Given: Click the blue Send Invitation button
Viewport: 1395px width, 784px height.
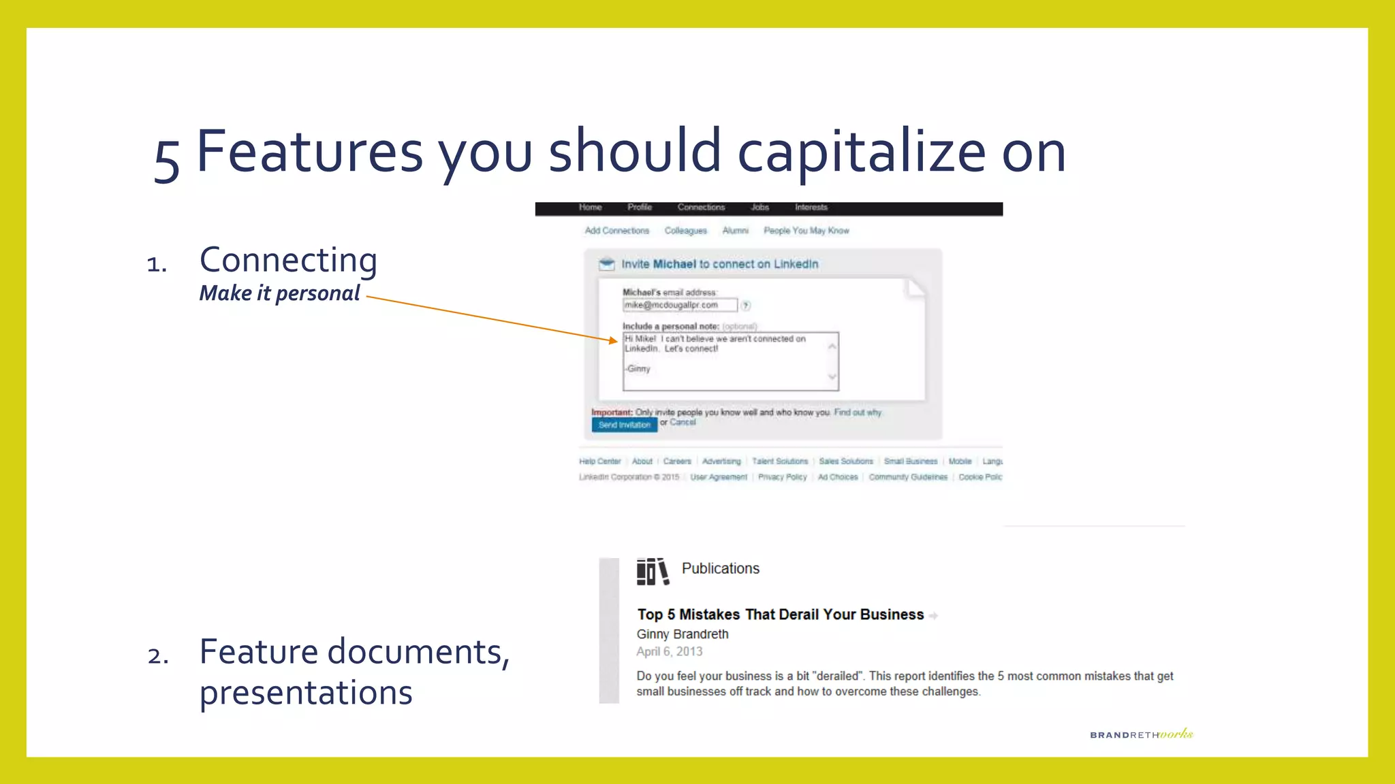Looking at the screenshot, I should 624,425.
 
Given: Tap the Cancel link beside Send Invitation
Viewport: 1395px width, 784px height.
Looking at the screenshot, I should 683,422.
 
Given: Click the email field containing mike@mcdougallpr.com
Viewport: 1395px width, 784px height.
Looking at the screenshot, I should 679,305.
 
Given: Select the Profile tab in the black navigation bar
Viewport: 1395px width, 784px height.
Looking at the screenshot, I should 640,208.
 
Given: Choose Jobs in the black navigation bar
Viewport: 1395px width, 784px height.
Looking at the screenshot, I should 759,208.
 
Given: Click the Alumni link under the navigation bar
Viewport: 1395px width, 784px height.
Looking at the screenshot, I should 735,231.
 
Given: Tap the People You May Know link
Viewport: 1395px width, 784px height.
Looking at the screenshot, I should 806,231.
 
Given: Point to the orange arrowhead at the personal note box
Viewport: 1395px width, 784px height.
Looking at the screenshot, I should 614,340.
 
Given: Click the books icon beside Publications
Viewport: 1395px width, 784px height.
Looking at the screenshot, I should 652,571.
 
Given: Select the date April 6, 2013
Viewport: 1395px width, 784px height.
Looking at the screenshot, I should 669,651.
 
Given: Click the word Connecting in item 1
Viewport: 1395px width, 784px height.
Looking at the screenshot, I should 288,260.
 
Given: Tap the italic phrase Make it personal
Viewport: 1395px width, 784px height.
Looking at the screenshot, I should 279,293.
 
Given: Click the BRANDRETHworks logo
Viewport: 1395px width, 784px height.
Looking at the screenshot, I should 1141,734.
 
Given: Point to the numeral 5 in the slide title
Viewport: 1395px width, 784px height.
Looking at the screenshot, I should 167,160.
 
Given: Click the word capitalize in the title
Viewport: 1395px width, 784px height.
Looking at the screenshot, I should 861,152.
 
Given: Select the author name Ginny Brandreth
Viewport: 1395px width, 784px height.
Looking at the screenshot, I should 682,634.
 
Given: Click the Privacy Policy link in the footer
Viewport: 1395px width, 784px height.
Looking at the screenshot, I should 782,477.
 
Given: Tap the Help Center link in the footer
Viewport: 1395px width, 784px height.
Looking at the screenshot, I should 599,461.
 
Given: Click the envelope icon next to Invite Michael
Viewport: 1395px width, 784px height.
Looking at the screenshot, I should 606,264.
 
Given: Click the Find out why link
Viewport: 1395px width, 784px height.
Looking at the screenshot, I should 857,412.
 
